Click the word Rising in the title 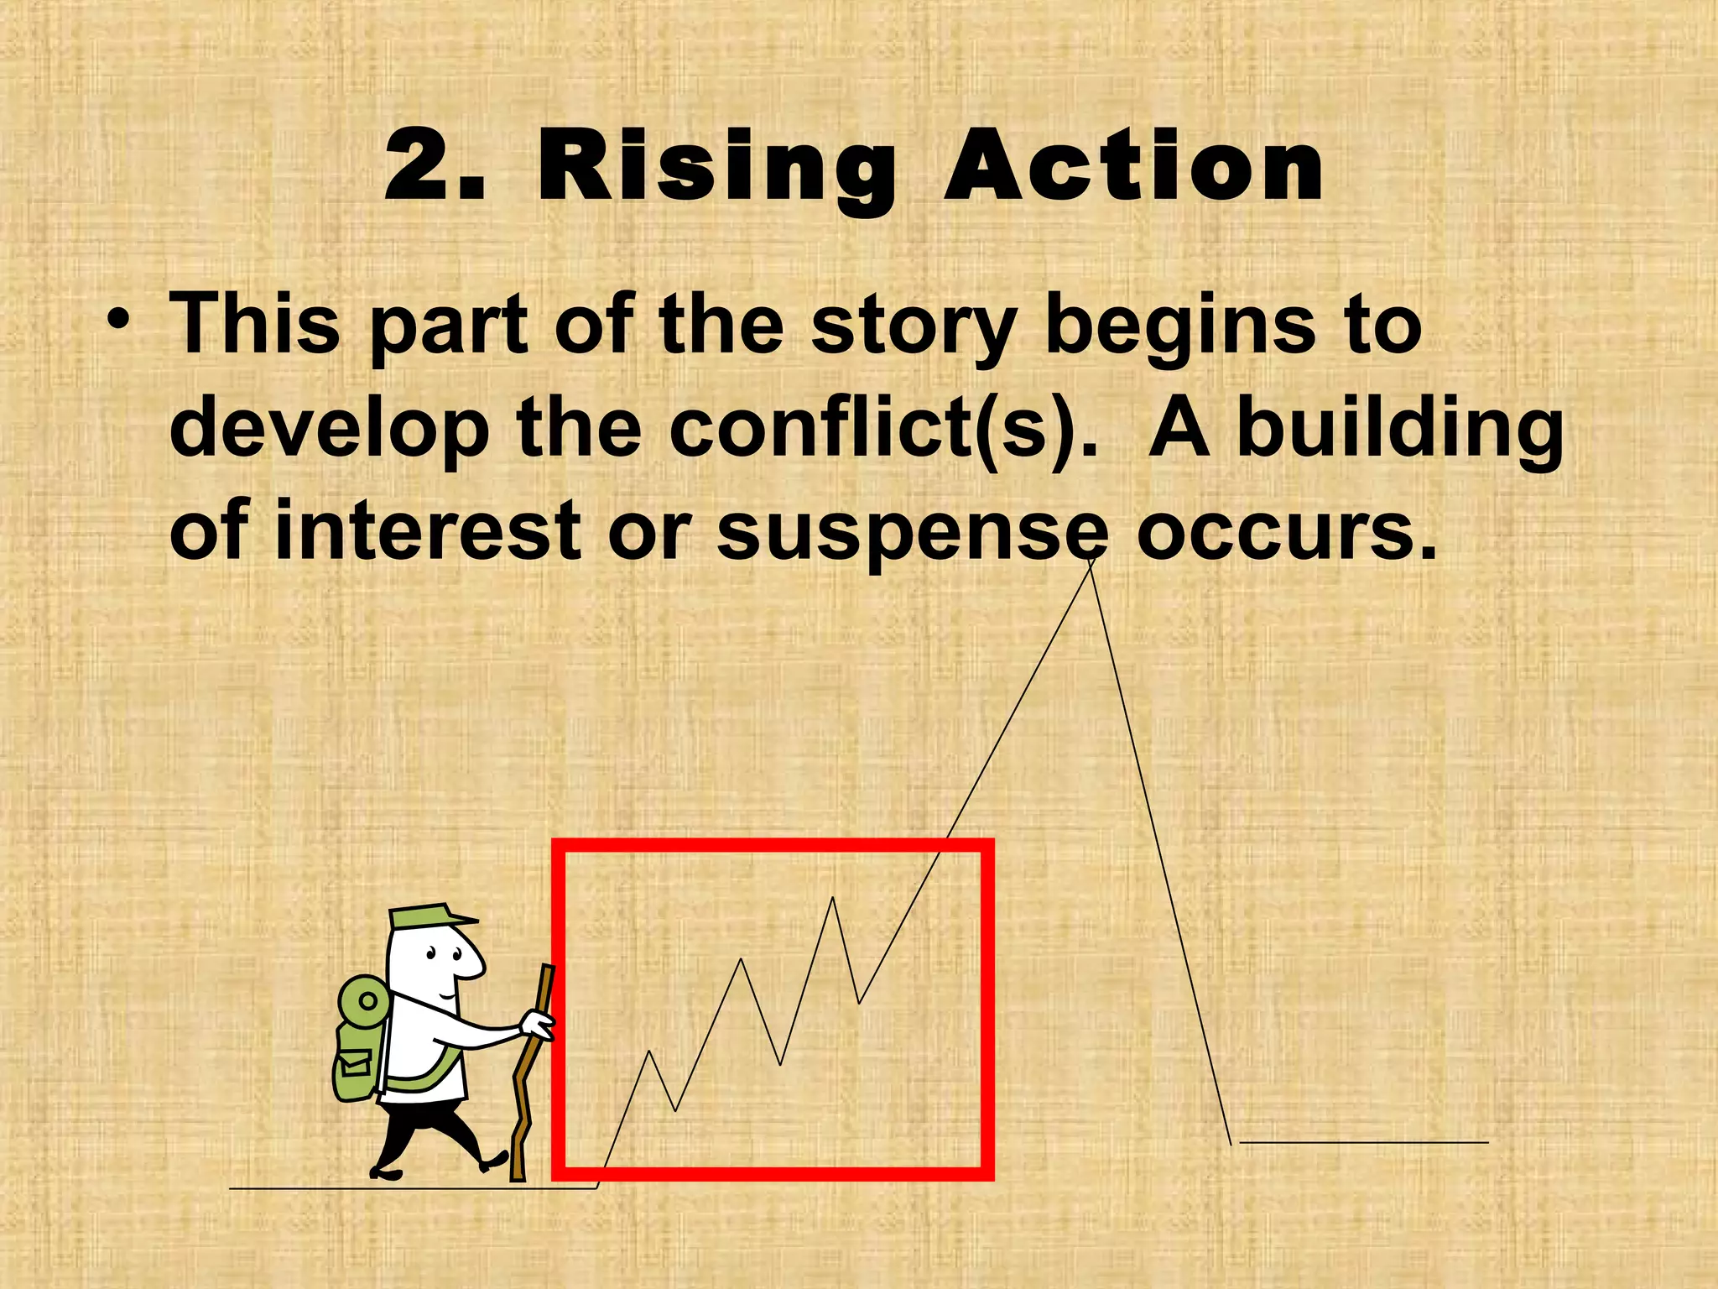point(717,168)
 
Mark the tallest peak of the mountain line point(1091,561)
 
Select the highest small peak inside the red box point(832,899)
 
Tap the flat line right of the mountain point(1363,1142)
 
